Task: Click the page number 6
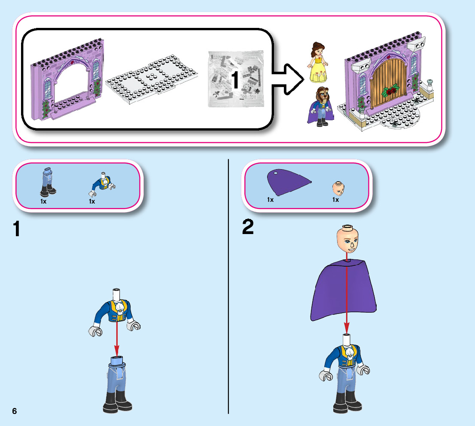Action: click(15, 411)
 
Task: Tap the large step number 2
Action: click(248, 227)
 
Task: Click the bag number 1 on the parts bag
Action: click(235, 81)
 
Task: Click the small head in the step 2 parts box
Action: click(338, 188)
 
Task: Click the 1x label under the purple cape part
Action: click(270, 200)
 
